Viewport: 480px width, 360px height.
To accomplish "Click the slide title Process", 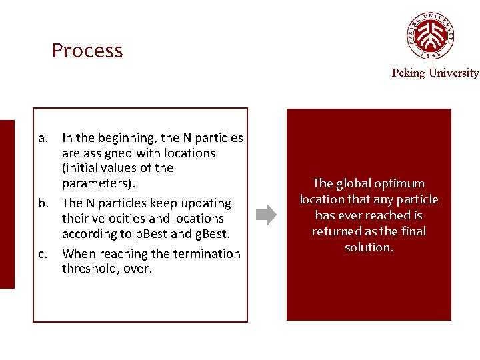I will tap(87, 51).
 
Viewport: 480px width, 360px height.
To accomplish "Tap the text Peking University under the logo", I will tap(435, 73).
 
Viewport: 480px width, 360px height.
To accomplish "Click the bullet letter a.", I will tap(43, 138).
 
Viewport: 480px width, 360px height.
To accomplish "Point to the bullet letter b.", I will tap(43, 203).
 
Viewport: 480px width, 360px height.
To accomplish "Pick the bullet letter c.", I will tap(43, 253).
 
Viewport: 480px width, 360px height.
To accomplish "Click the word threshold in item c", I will tap(87, 269).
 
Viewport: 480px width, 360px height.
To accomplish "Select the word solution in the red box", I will tap(368, 247).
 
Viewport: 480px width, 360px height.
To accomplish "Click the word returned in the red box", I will tap(335, 231).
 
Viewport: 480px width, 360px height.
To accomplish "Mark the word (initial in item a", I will tap(81, 168).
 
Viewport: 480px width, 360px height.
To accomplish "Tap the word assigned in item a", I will tap(107, 153).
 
